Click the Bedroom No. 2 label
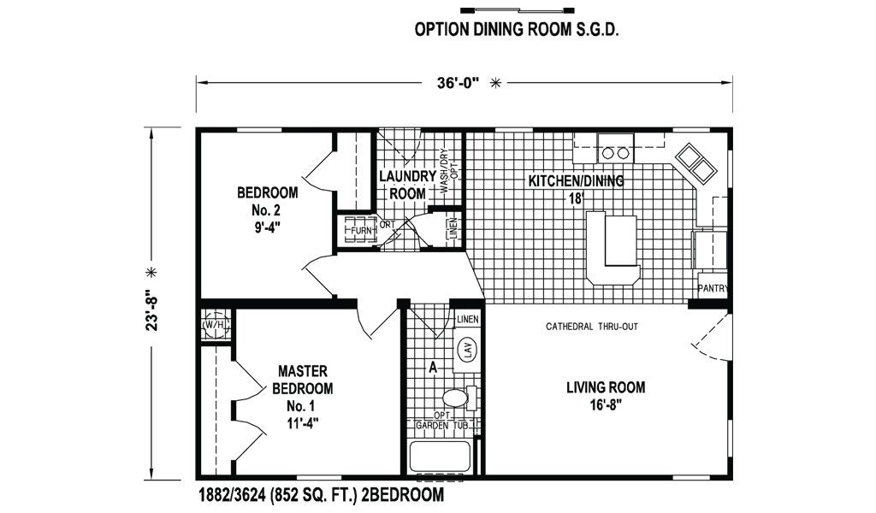267,209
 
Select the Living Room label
606,395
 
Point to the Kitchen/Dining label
576,189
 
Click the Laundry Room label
407,185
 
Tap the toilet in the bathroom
459,398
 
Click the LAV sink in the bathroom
466,350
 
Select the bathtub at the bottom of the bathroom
441,457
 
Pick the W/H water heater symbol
215,324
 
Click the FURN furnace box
358,230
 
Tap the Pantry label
713,289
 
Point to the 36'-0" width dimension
459,83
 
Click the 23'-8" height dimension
152,310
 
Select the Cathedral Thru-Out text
592,327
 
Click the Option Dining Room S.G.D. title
517,30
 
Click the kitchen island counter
613,247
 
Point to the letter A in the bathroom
432,368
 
